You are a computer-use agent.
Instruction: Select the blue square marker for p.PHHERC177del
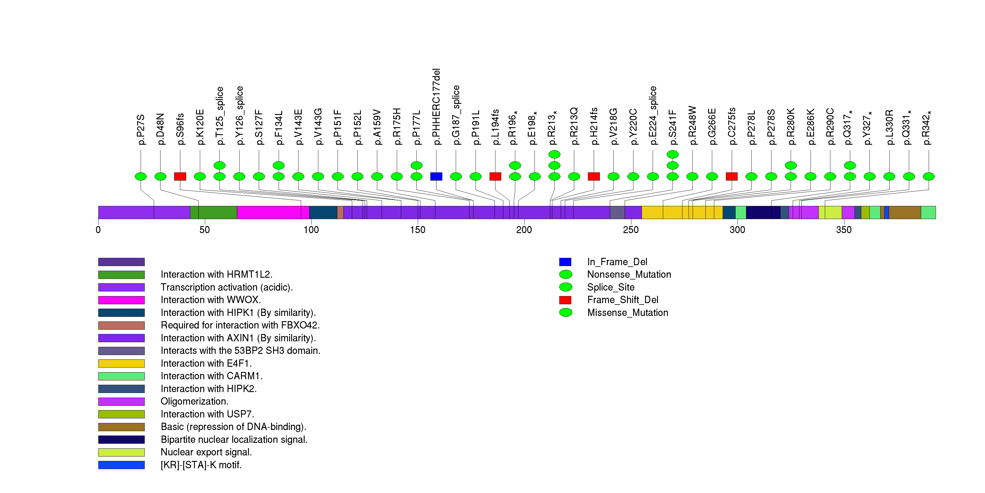(436, 176)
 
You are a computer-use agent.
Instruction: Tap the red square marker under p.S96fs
(180, 176)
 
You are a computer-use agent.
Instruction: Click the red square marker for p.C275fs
(731, 176)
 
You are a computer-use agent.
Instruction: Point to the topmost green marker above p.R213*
(554, 154)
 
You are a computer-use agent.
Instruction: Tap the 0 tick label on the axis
(98, 230)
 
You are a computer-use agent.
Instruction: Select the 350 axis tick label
(843, 230)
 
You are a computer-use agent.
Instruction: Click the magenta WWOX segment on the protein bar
(268, 212)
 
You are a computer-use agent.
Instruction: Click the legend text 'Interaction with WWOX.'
(211, 300)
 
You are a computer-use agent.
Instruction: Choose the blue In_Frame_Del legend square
(565, 262)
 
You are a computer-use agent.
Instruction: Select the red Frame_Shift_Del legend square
(565, 300)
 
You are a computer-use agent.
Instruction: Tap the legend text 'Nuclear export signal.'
(206, 452)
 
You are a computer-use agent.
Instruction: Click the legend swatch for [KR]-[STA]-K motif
(121, 465)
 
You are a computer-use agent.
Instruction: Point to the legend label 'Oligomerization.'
(194, 401)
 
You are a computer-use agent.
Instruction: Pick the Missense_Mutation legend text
(628, 313)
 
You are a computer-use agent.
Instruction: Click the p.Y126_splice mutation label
(239, 116)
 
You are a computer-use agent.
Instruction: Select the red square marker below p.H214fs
(593, 176)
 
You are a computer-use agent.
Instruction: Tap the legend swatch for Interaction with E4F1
(121, 363)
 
